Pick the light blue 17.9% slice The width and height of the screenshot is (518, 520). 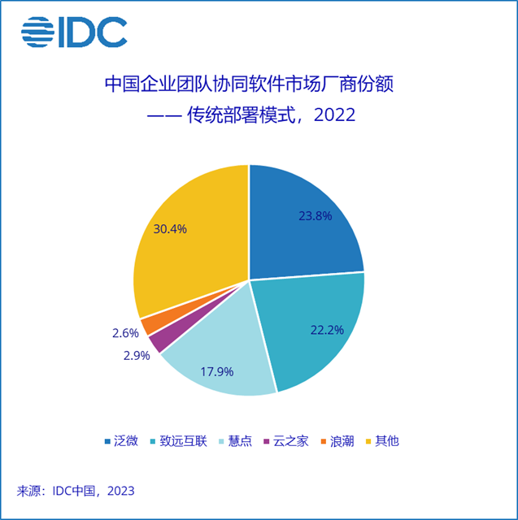(220, 366)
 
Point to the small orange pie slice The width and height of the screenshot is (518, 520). (146, 325)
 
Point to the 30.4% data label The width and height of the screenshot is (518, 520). (170, 229)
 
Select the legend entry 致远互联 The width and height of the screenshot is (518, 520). (183, 441)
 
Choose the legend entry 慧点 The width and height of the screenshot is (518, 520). (238, 441)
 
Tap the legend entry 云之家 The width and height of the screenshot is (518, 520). (290, 441)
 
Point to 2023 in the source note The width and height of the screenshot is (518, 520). (119, 491)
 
